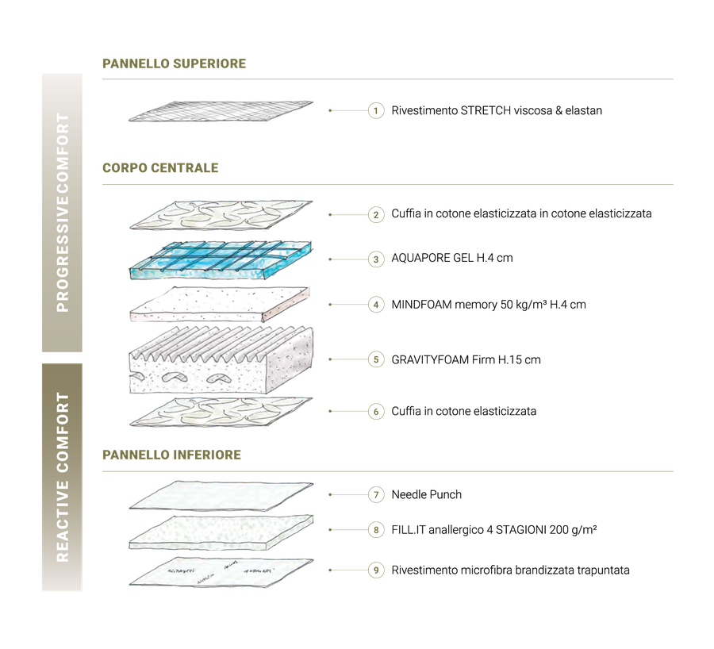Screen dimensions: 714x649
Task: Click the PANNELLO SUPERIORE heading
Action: [174, 63]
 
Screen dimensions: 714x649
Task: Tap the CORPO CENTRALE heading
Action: [160, 168]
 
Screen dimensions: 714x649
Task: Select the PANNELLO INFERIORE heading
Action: [171, 455]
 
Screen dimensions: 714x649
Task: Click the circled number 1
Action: [376, 110]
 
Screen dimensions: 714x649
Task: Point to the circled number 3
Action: [376, 259]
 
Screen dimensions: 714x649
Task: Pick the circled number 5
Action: [376, 359]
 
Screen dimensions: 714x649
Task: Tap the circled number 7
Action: [376, 494]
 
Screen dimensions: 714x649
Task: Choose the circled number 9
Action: [376, 570]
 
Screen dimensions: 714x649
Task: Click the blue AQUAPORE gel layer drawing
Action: [221, 260]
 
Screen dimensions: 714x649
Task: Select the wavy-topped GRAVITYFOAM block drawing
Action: [221, 359]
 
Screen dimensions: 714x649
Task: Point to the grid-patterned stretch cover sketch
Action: [221, 112]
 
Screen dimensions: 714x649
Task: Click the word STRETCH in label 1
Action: [486, 110]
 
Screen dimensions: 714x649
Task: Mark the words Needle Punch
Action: [427, 494]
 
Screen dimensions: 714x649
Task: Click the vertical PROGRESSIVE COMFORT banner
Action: [63, 213]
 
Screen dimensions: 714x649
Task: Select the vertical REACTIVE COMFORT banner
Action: [63, 478]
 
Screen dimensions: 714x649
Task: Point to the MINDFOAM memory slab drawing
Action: [220, 304]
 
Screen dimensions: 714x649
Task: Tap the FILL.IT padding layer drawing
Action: [221, 532]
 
